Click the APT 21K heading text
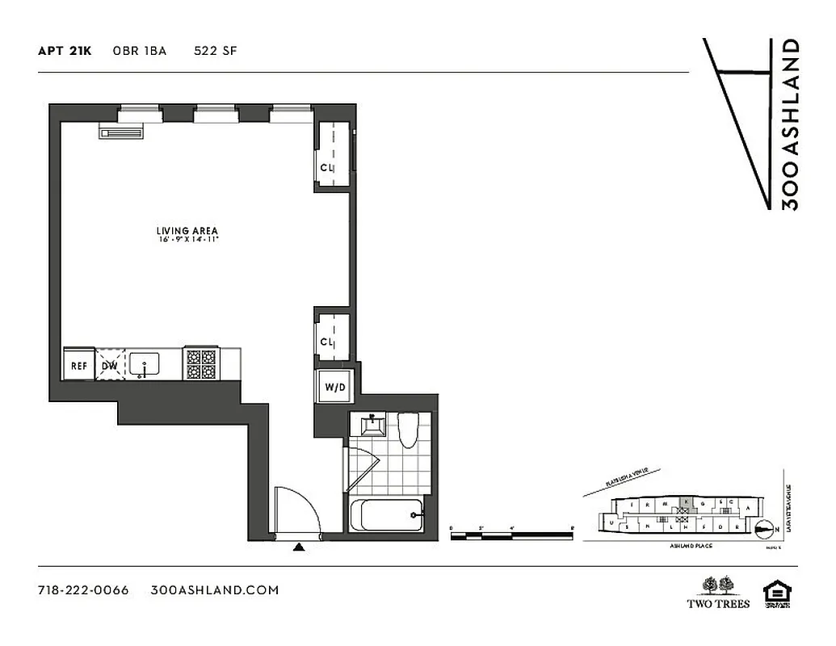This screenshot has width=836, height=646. coord(65,51)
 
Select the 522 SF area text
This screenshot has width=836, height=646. coord(215,51)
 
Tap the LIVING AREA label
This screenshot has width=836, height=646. coord(187,231)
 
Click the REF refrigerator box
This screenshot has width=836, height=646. coord(79,365)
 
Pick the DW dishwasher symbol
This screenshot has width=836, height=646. coord(110,365)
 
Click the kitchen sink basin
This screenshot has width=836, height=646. coord(146,364)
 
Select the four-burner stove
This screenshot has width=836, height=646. coord(201,363)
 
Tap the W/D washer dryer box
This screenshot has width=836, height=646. coord(334,388)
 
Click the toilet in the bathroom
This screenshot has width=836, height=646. coord(407,430)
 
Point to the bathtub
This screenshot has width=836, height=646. coord(387,514)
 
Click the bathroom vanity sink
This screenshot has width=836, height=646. coord(372,424)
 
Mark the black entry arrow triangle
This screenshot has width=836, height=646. coord(299,547)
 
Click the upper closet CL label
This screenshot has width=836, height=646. coord(327,168)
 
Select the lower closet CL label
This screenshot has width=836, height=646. coord(327,342)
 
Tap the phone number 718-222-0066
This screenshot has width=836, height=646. coord(83,589)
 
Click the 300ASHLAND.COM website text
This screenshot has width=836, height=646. coord(215,589)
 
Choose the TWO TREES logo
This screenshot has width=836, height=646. coord(718,592)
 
